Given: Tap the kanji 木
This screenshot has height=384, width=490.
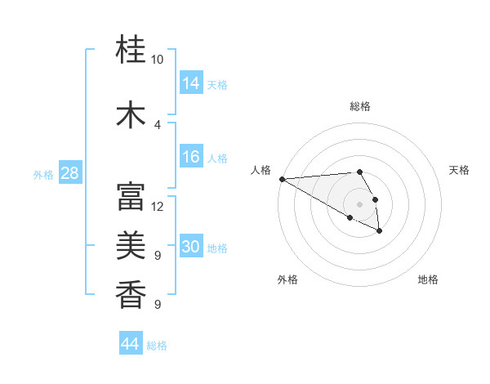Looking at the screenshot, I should coord(131,114).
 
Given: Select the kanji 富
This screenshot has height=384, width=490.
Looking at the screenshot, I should coord(131,196).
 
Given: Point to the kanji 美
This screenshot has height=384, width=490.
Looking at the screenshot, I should coord(131,245).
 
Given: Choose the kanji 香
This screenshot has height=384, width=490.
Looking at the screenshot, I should coord(131,294).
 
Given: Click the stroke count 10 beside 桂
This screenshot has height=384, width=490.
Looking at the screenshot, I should coord(158,60).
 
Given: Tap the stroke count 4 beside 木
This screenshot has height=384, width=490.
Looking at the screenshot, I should coord(158,124).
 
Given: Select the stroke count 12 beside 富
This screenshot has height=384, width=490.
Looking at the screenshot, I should coord(158,206).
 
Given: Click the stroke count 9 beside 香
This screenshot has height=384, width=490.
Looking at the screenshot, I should coord(158,305).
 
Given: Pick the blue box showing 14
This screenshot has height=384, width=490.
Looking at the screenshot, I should coord(191,83).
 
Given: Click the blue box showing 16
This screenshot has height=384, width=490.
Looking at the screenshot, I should coord(191,157).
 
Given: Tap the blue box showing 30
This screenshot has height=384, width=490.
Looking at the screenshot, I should coord(191,247).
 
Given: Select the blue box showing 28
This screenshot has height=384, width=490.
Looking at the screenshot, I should coord(69,173).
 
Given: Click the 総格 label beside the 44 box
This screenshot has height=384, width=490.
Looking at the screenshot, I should coord(157,346).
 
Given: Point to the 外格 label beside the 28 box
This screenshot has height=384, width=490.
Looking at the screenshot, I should coord(43,174).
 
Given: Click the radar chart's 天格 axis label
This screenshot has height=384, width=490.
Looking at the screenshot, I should coord(459,170).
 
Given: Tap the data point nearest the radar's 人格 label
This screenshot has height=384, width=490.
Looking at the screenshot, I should coord(281,179).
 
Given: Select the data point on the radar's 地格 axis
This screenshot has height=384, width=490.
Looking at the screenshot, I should coord(380,231).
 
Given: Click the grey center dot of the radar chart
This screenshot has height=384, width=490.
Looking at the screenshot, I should coord(359,203).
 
